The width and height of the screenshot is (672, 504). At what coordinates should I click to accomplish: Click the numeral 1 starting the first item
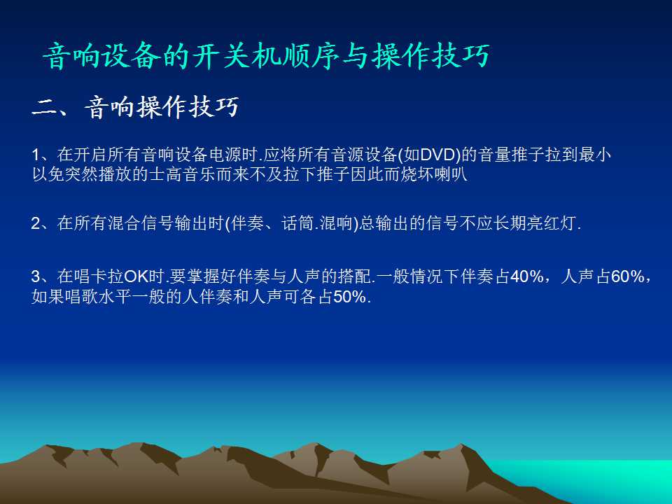[x=36, y=155]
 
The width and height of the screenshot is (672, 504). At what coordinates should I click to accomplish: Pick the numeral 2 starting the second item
[x=36, y=223]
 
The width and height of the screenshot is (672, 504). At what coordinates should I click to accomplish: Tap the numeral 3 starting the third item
[x=36, y=276]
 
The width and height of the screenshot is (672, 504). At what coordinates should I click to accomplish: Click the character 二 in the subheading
[x=45, y=108]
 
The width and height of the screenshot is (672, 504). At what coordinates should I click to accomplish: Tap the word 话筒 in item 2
[x=298, y=223]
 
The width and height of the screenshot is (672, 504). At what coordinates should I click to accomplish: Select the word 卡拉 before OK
[x=107, y=276]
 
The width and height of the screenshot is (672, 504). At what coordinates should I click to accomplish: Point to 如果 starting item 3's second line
[x=48, y=297]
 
